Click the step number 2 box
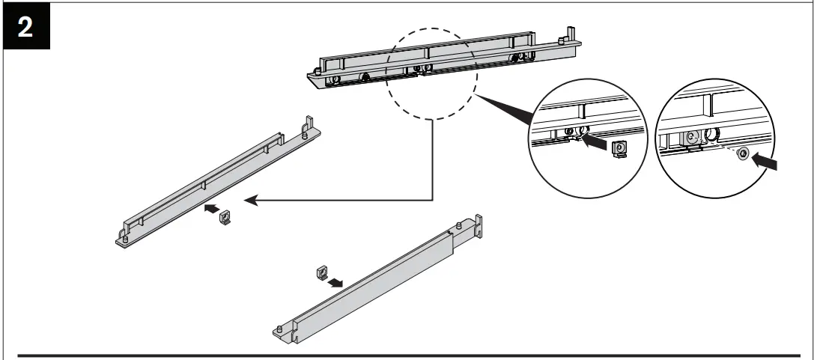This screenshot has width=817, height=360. pyautogui.click(x=25, y=25)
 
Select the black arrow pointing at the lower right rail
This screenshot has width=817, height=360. pyautogui.click(x=338, y=282)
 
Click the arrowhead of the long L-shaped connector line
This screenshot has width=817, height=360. pyautogui.click(x=253, y=200)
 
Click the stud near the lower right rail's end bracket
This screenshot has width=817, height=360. pyautogui.click(x=458, y=225)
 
